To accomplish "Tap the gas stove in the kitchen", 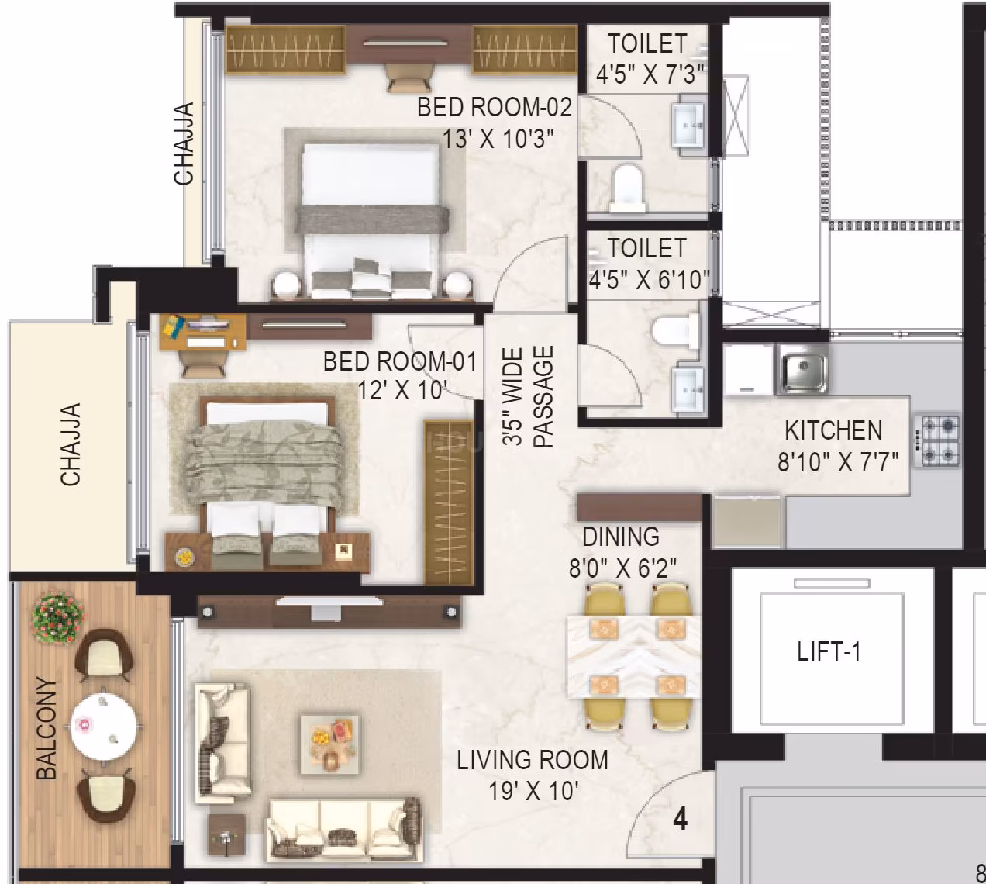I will [939, 440].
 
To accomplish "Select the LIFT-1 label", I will [829, 651].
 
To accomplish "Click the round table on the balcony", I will [104, 725].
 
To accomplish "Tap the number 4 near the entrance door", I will [680, 819].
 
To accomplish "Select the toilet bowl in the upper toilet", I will [625, 187].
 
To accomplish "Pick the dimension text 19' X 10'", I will [533, 792].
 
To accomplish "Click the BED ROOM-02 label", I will [494, 108].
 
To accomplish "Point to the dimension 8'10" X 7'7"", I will [838, 462].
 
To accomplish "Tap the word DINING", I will [621, 537].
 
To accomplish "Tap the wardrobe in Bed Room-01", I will [450, 502].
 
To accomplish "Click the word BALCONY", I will [47, 728].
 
